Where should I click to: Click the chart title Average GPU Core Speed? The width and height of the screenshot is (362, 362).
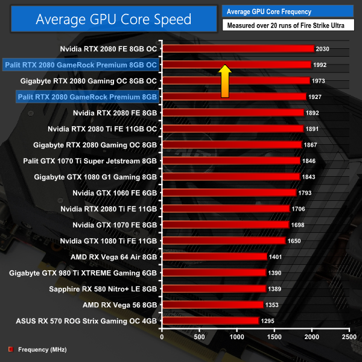click(x=113, y=19)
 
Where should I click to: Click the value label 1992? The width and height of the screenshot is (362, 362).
click(x=320, y=65)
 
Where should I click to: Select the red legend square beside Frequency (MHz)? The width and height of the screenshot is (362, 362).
click(x=10, y=349)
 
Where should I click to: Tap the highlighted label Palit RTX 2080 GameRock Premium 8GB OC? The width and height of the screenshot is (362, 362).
click(x=80, y=65)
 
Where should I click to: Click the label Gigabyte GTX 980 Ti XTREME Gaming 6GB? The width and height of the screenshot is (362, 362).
click(x=83, y=273)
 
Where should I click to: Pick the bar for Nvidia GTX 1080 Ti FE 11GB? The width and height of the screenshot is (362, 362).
click(x=223, y=241)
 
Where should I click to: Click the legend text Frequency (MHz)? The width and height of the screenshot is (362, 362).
click(x=42, y=349)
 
